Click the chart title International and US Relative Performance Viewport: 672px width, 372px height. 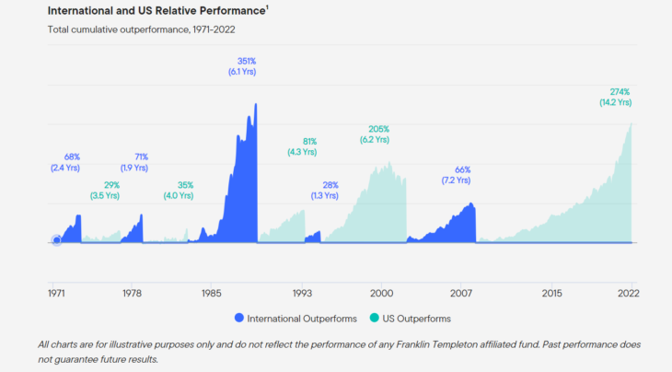point(152,11)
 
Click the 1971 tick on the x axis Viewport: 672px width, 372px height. point(56,293)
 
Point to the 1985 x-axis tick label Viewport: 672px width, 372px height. point(211,293)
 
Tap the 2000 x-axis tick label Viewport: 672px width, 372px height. point(381,293)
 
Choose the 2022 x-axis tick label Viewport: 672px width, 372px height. point(629,293)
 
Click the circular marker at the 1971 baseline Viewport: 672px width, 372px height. point(57,241)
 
